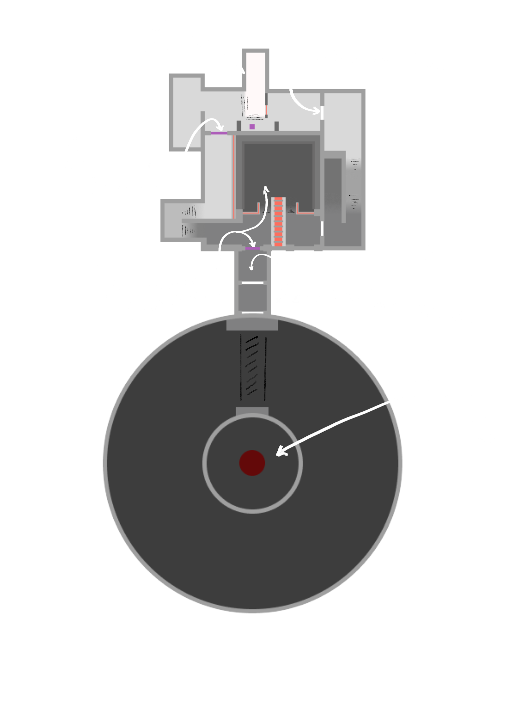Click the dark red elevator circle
point(252,463)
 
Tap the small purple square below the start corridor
point(252,126)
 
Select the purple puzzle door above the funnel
point(253,248)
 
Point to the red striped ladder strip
point(278,222)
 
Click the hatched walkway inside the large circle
point(252,368)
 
